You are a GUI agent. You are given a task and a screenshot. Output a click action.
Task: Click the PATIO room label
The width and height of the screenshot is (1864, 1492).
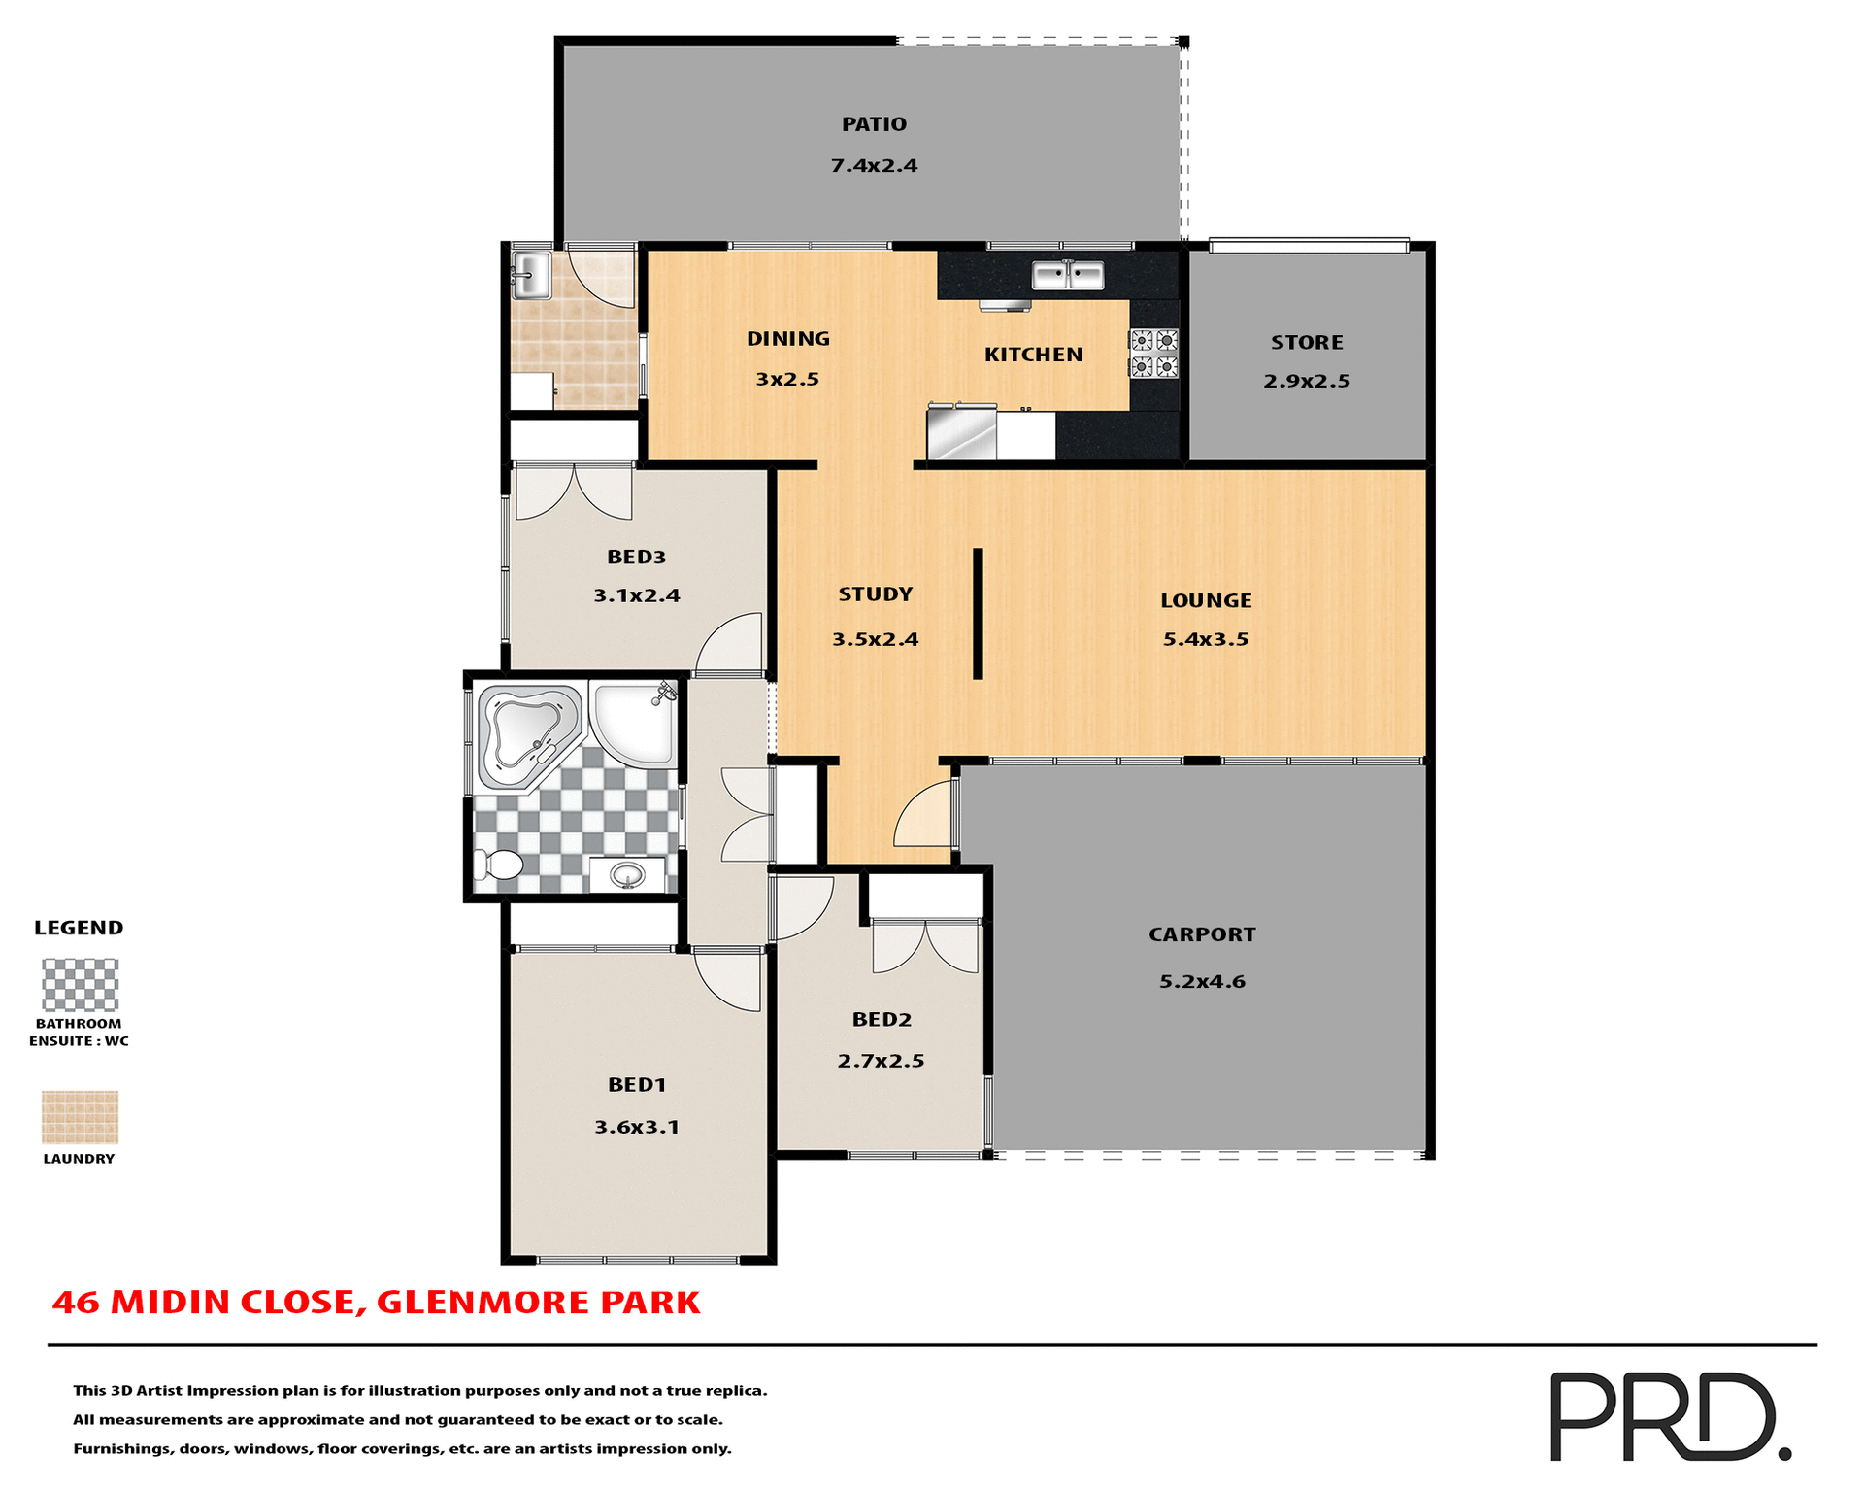click(x=874, y=124)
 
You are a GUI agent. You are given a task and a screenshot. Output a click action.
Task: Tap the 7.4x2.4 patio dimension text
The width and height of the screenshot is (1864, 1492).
click(x=874, y=166)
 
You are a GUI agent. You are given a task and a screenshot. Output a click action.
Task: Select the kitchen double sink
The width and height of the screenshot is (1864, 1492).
click(x=1067, y=275)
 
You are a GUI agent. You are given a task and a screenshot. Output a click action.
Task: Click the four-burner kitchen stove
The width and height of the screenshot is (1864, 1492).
click(x=1152, y=354)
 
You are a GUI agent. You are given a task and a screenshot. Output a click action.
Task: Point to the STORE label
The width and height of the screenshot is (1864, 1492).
click(x=1307, y=343)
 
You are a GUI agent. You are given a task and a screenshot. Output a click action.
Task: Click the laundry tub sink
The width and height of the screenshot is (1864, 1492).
click(x=530, y=274)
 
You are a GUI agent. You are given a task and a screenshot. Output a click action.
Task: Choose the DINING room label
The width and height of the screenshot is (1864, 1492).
click(x=787, y=339)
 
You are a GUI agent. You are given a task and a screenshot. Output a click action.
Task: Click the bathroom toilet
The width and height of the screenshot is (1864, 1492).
click(x=500, y=864)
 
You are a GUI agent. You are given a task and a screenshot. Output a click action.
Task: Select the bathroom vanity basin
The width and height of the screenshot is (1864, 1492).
click(x=627, y=875)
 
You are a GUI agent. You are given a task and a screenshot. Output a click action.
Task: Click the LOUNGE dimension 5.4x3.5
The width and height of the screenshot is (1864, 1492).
click(x=1206, y=639)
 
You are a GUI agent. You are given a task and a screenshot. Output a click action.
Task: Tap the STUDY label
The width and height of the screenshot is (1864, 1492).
click(x=875, y=594)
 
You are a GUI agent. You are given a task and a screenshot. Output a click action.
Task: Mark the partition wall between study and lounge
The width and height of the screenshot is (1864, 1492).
click(x=978, y=614)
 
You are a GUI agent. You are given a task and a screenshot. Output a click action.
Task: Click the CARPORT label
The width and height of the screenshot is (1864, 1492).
click(x=1202, y=934)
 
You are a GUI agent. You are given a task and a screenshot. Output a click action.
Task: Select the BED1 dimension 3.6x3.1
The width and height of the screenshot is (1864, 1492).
click(x=637, y=1127)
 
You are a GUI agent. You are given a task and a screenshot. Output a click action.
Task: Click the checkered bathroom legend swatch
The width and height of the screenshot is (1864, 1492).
click(x=80, y=985)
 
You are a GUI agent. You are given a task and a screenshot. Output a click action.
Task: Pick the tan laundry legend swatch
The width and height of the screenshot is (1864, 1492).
click(x=80, y=1117)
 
